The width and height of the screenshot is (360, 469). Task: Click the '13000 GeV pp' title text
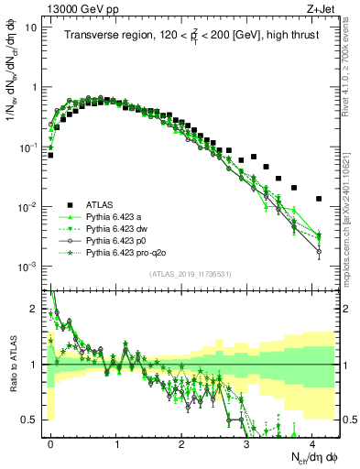tap(80, 7)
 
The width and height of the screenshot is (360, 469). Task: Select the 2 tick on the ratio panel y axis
tap(35, 309)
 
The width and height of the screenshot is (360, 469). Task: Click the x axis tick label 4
tap(312, 442)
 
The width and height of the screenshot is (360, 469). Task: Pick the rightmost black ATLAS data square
tap(319, 198)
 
